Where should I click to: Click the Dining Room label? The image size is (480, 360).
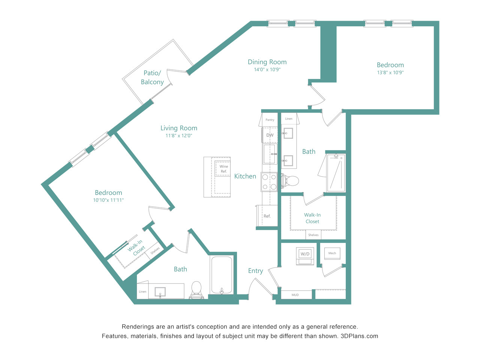(x=267, y=62)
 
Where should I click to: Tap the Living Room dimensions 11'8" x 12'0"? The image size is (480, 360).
(x=178, y=135)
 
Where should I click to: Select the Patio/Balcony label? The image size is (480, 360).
(x=152, y=77)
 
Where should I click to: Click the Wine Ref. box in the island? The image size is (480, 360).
(x=223, y=168)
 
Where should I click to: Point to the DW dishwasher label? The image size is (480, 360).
(x=270, y=135)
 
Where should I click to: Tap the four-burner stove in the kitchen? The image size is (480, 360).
(x=269, y=182)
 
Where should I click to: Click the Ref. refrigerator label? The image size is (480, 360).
(x=267, y=216)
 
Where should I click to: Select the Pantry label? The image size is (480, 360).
(x=270, y=120)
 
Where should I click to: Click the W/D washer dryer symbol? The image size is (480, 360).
(x=305, y=256)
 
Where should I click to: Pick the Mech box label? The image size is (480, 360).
(x=332, y=253)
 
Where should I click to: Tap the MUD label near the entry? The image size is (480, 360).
(x=295, y=295)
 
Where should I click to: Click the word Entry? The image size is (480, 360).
(x=255, y=271)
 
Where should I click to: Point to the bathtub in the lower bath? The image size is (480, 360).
(x=222, y=275)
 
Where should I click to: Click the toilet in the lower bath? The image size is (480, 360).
(x=196, y=290)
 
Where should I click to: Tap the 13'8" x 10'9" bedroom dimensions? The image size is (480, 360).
(x=390, y=73)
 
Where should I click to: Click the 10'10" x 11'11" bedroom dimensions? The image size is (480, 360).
(x=108, y=200)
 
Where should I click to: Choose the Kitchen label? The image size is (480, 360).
(x=245, y=176)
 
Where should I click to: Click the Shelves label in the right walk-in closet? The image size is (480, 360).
(x=313, y=235)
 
